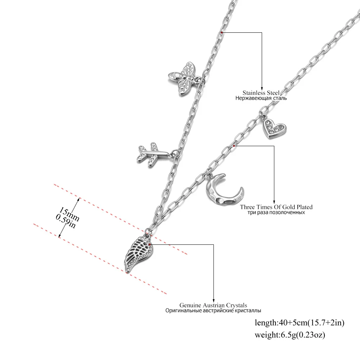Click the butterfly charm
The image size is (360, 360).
[x=184, y=78]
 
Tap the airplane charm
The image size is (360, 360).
[x=153, y=154]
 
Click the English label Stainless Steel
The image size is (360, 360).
[x=261, y=93]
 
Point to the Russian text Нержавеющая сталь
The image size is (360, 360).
[x=261, y=98]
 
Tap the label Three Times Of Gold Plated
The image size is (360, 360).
[x=276, y=207]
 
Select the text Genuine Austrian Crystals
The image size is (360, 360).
[x=213, y=305]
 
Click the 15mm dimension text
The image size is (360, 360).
[x=69, y=214]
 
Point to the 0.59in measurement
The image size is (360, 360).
[x=66, y=221]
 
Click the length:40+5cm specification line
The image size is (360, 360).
[x=300, y=323]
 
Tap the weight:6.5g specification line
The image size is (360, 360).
[x=290, y=335]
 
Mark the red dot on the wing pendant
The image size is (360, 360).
[x=149, y=245]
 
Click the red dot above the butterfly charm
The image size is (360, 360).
[x=221, y=33]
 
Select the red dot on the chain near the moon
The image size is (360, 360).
[x=234, y=146]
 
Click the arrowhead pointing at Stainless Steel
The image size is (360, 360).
[x=262, y=89]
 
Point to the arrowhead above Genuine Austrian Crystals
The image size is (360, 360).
[x=213, y=301]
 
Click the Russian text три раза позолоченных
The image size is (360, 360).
[x=276, y=212]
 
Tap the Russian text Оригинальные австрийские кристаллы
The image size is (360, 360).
[x=213, y=311]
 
